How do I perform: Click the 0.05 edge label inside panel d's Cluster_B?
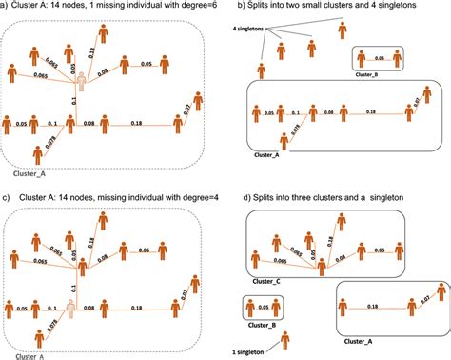262,309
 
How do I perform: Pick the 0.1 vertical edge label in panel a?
74,100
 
